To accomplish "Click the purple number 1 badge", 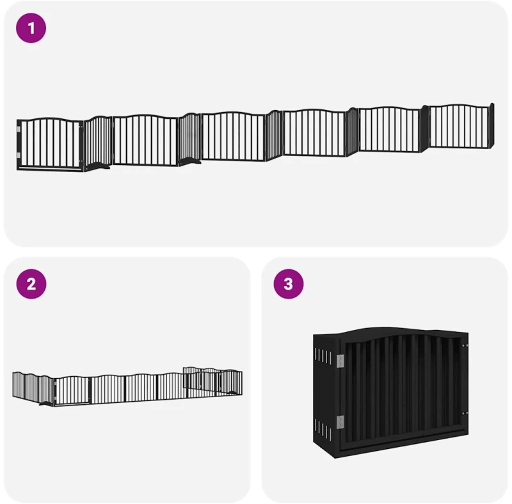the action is (x=31, y=28).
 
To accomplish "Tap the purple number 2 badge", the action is (x=31, y=284).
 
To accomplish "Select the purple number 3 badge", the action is (x=289, y=284).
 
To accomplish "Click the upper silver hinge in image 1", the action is (x=19, y=129).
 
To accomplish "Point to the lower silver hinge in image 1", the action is (x=19, y=155).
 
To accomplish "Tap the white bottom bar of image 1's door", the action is (x=49, y=169).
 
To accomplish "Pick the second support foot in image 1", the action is (x=191, y=161).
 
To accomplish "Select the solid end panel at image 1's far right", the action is (x=492, y=125).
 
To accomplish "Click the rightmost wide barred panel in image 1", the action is (x=459, y=126).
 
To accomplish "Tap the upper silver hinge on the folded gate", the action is (x=340, y=361).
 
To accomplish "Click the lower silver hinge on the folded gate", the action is (x=340, y=422).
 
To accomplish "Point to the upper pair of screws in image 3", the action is (x=465, y=345).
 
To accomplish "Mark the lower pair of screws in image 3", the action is (x=465, y=413).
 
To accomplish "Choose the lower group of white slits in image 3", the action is (x=323, y=429).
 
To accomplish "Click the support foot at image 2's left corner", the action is (x=45, y=404).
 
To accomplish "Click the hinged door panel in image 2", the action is (x=72, y=391).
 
